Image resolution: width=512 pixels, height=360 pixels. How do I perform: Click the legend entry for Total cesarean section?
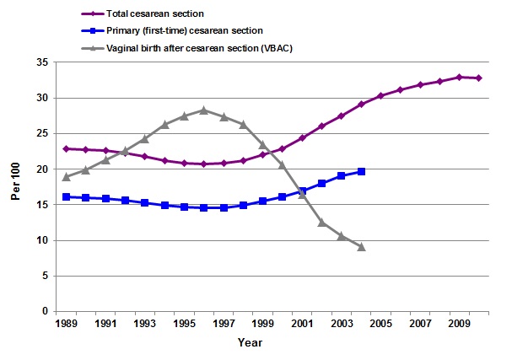(157, 13)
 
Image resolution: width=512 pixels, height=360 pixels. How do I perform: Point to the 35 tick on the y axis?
(41, 62)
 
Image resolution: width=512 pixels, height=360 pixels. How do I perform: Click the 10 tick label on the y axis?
(41, 240)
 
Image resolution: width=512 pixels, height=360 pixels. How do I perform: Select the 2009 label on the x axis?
(459, 323)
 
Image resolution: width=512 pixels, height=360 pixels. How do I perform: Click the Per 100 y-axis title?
(14, 186)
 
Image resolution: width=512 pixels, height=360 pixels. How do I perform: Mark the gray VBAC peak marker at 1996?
(204, 110)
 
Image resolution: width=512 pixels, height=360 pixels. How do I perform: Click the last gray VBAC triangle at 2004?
(361, 247)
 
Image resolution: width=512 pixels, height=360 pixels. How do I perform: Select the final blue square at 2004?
(361, 171)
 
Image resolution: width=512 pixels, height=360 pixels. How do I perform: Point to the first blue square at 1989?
(67, 196)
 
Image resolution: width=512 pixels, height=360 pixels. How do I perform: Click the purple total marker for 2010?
(478, 78)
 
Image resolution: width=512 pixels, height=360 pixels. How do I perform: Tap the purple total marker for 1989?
(67, 148)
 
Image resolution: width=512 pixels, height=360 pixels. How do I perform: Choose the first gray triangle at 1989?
(67, 177)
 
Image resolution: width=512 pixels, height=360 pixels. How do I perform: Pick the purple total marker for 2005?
(380, 96)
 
